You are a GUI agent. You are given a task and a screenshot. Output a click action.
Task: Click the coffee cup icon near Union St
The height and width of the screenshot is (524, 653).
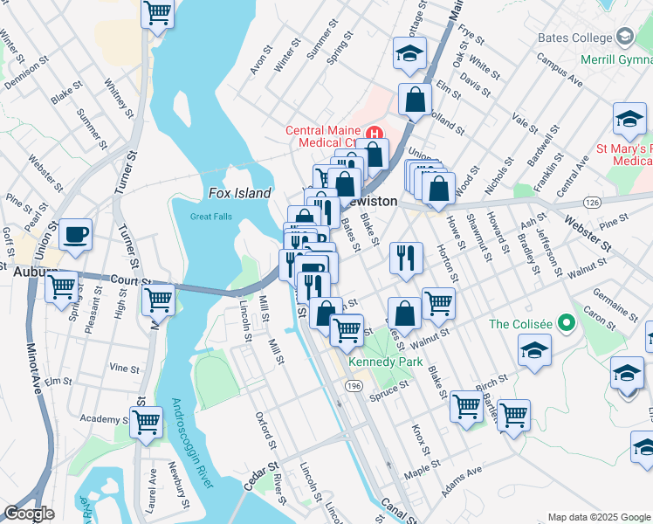[x=76, y=234]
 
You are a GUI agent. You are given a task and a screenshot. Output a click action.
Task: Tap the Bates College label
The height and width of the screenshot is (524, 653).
[x=576, y=38]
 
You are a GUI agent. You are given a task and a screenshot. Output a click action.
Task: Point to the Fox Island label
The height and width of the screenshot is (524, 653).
[x=240, y=193]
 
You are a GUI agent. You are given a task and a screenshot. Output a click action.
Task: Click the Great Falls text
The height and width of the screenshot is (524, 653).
[x=212, y=217]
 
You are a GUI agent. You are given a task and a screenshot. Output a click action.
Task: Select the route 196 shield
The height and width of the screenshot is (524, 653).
[x=354, y=384]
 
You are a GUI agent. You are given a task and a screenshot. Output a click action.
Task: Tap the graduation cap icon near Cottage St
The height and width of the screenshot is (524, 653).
[x=409, y=52]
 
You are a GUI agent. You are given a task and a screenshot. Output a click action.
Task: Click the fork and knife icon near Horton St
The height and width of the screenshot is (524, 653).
[x=407, y=257]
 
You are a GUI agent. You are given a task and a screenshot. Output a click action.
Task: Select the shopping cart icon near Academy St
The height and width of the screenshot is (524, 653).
[x=147, y=422]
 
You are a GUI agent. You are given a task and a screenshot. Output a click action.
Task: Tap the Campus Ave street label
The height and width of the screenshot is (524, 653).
[x=560, y=70]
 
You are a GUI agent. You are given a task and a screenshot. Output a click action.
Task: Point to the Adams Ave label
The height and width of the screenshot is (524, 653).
[x=462, y=482]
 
